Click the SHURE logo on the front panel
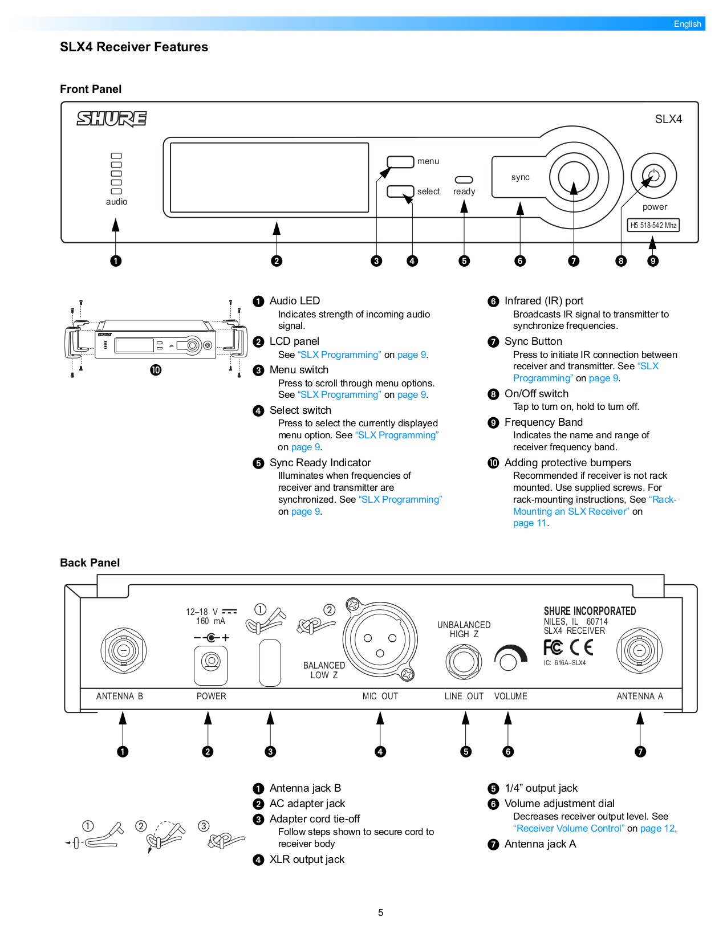[112, 119]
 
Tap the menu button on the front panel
[400, 162]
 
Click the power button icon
[653, 176]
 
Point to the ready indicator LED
[464, 180]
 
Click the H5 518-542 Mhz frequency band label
[653, 225]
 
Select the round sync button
[574, 177]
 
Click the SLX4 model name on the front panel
[668, 119]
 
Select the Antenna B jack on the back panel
[123, 650]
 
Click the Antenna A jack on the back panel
[639, 650]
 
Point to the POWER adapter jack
[211, 661]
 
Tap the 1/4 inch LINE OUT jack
[464, 661]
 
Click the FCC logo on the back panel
[553, 647]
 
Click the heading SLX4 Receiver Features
[134, 47]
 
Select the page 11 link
[529, 523]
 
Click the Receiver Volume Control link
[568, 829]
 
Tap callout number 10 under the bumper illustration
[156, 370]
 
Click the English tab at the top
[687, 24]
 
